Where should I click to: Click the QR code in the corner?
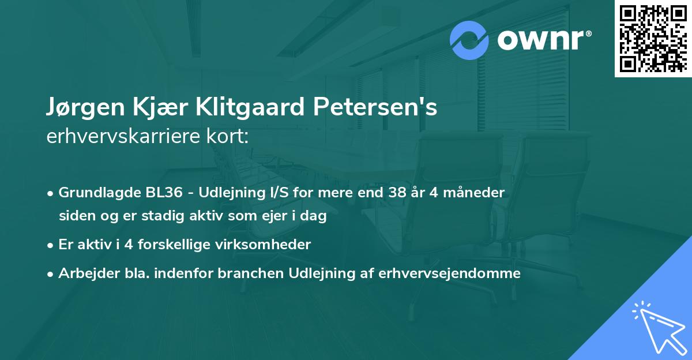pos(653,39)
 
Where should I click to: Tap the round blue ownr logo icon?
pos(469,40)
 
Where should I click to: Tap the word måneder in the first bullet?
pos(476,193)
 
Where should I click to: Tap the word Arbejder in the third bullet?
pos(82,273)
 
